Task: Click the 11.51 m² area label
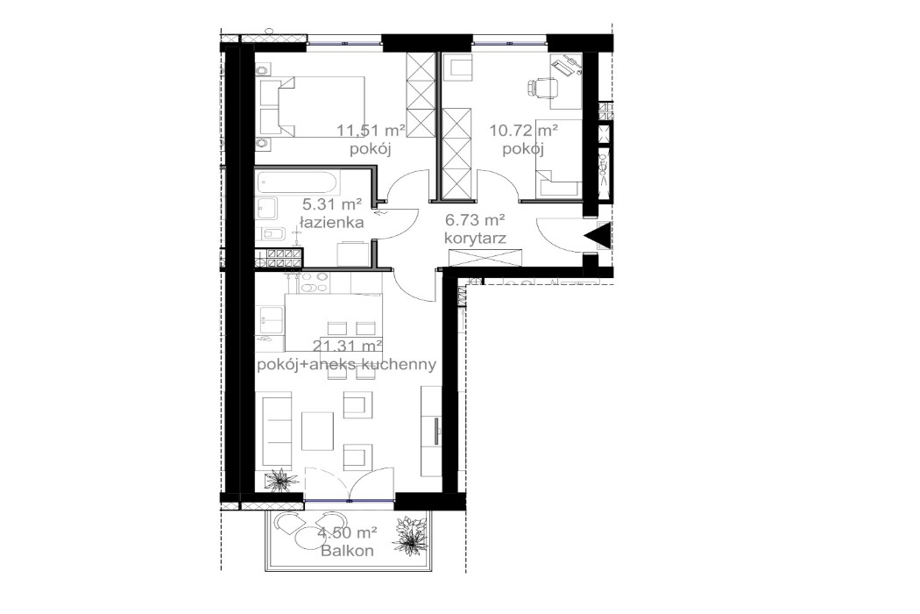[371, 131]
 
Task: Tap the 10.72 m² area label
[524, 131]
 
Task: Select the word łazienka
[331, 223]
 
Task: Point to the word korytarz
[475, 237]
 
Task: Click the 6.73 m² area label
[475, 219]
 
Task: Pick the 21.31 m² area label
[348, 346]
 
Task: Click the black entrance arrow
[599, 234]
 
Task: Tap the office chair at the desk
[544, 87]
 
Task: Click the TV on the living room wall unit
[435, 433]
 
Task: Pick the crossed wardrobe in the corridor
[485, 258]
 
